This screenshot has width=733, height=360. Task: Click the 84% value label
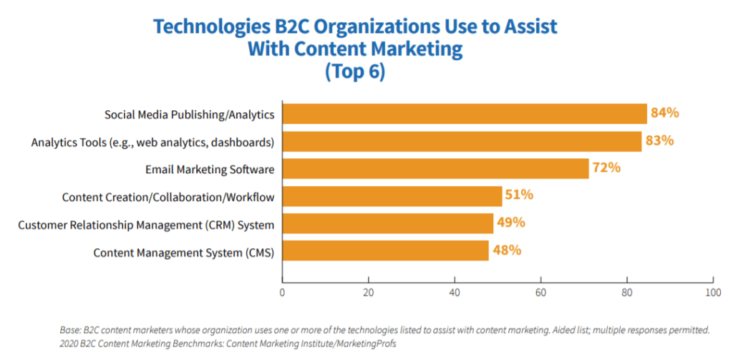664,113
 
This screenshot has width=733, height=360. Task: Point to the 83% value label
659,140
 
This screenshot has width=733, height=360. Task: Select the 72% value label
606,168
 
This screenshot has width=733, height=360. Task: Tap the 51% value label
519,195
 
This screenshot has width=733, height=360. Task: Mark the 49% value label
511,223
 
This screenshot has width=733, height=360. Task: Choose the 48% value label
506,250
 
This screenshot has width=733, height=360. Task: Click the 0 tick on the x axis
283,292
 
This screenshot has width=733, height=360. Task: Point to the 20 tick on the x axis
369,292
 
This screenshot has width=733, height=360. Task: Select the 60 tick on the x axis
541,292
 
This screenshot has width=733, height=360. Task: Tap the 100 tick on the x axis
713,292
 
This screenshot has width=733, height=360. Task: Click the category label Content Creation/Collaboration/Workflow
168,197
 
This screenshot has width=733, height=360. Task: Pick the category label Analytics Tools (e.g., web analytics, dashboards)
152,142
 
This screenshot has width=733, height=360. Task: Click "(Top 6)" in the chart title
355,72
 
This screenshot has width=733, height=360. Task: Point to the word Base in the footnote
72,330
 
